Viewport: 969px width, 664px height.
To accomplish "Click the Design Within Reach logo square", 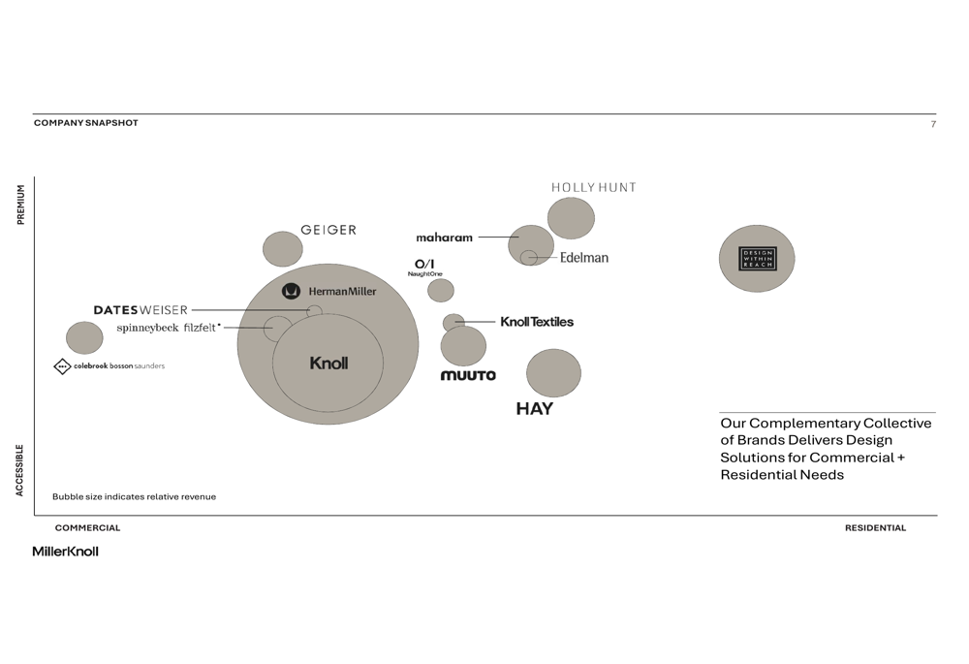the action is (758, 259).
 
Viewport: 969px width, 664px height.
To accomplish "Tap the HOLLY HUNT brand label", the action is (594, 187).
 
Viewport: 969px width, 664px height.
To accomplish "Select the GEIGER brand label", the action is (328, 230).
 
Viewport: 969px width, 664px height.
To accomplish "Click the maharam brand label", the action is (445, 237).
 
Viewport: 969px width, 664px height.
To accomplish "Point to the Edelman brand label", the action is (584, 257).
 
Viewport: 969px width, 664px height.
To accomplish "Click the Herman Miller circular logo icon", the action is (291, 291).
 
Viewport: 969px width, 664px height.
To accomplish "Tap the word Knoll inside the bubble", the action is (328, 363).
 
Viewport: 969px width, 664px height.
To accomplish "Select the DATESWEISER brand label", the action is (141, 310).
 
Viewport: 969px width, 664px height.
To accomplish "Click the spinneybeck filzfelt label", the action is (168, 328).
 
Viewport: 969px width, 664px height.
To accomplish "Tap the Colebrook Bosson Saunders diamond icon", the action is (62, 366).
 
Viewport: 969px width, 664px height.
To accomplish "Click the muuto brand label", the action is (468, 375).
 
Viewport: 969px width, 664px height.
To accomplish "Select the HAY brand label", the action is (535, 409).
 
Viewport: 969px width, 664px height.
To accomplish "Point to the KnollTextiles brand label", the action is (537, 322).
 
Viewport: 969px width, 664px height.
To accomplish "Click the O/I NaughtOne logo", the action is (424, 268).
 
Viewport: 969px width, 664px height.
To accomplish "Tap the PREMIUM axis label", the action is (20, 204).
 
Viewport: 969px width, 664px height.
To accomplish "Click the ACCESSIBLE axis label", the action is (19, 470).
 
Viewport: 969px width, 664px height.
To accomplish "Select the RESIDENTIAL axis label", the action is (876, 528).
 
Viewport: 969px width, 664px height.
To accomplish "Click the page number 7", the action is (933, 124).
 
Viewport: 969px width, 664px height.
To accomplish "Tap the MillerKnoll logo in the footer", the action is (66, 552).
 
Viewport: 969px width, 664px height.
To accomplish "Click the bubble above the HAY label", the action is (553, 373).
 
